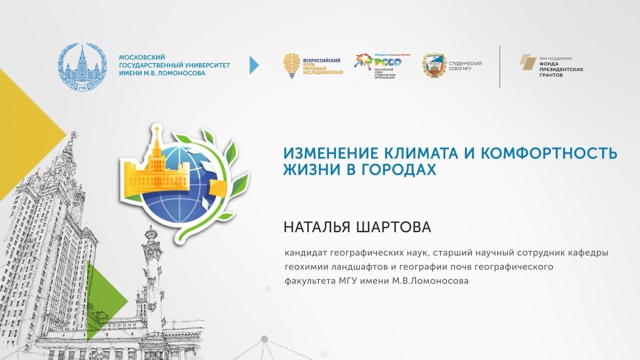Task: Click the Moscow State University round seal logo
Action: (82, 67)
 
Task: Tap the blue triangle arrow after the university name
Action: (254, 65)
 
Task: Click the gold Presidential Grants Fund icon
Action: (528, 61)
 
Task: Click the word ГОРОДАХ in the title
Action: (399, 169)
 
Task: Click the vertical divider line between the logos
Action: (499, 66)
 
